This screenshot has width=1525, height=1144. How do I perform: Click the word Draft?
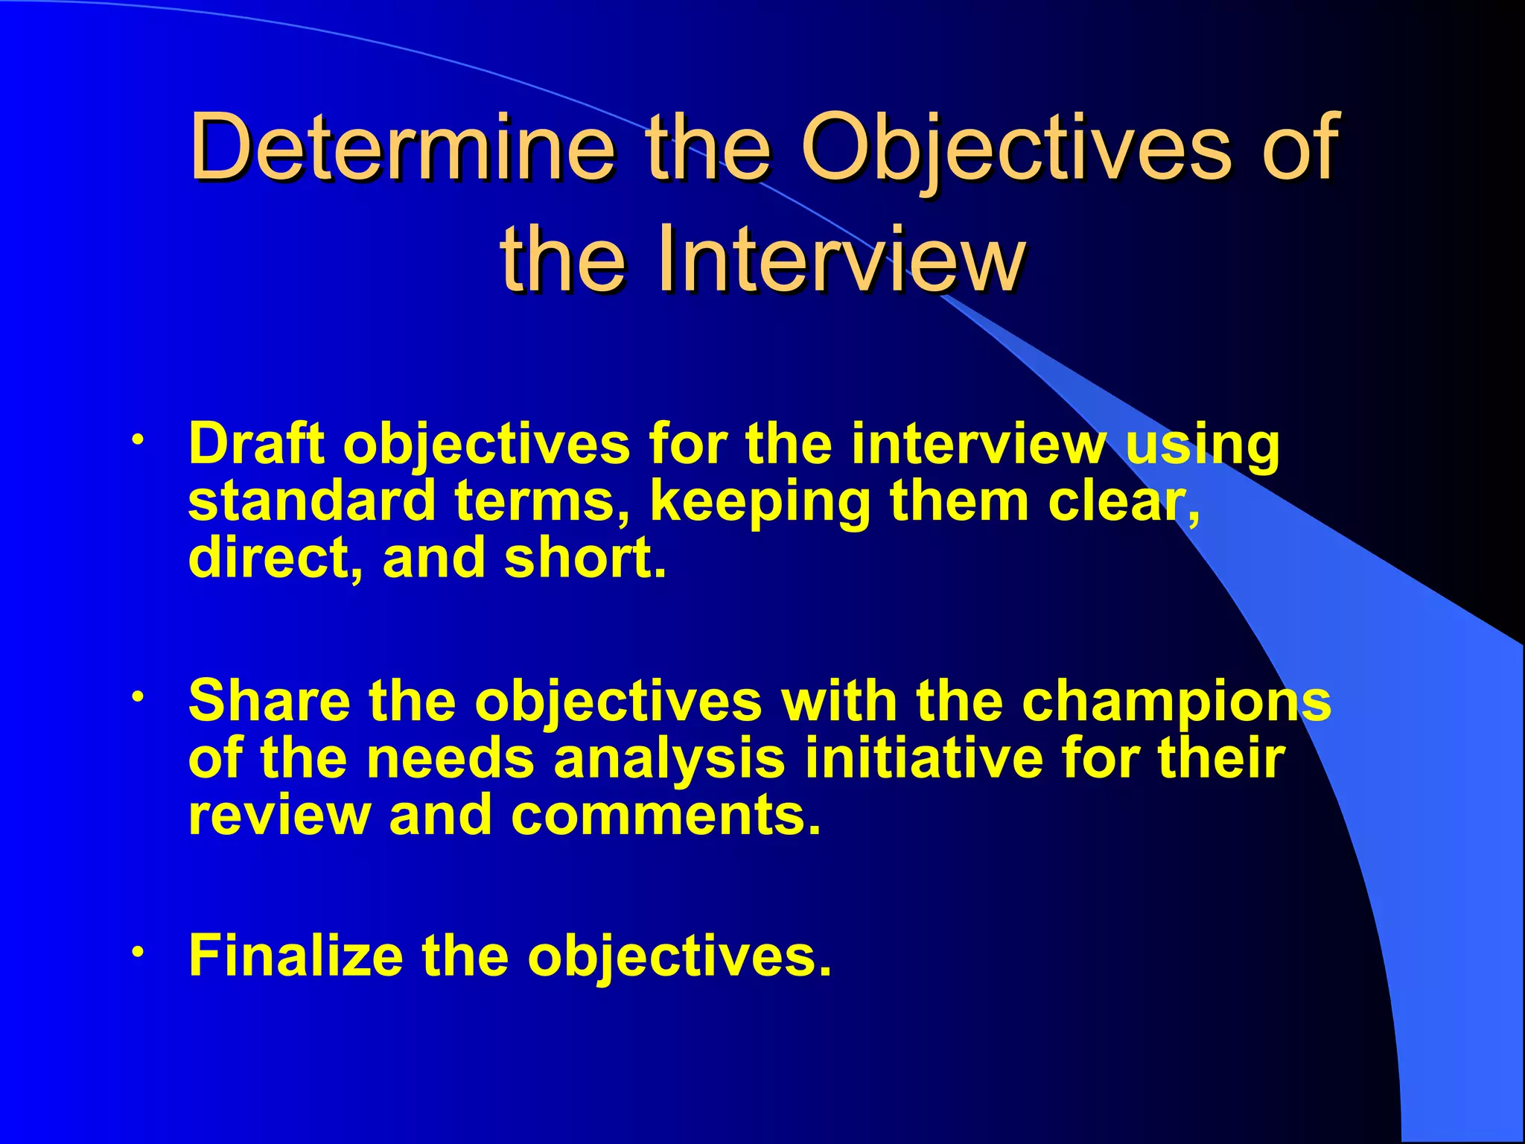pyautogui.click(x=257, y=445)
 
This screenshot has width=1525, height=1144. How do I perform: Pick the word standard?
pyautogui.click(x=311, y=501)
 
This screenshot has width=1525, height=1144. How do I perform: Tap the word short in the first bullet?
pyautogui.click(x=581, y=558)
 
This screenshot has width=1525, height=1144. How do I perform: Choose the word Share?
pyautogui.click(x=270, y=702)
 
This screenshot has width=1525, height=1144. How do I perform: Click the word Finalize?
pyautogui.click(x=296, y=956)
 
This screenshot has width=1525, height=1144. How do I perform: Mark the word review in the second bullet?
pyautogui.click(x=279, y=815)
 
